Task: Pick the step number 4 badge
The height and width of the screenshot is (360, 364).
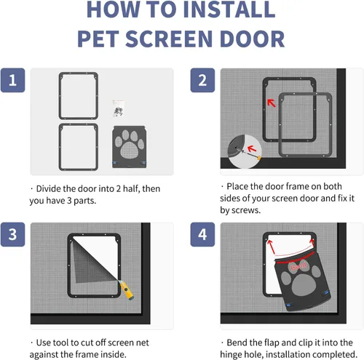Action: (x=203, y=235)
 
